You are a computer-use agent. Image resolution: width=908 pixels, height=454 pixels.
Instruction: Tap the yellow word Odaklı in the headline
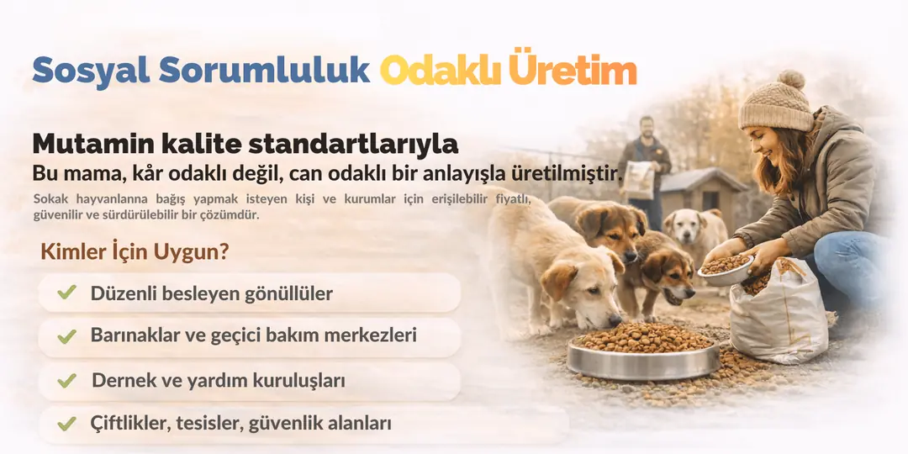point(440,71)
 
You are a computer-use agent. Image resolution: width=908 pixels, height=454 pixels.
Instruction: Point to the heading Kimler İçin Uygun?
point(135,252)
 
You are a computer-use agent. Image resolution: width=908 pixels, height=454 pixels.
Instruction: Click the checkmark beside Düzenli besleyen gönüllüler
point(66,293)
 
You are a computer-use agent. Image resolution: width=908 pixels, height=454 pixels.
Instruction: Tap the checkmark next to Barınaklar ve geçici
point(66,335)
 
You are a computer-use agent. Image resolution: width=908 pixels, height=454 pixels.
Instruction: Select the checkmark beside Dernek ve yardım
point(66,381)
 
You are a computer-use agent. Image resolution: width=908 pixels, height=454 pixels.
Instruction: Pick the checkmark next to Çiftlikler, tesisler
point(66,424)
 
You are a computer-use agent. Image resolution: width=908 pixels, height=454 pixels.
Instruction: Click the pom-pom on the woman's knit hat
point(790,80)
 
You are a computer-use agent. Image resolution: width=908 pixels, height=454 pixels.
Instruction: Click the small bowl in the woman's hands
point(725,269)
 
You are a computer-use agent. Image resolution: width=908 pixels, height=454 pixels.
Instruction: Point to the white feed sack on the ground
point(779,313)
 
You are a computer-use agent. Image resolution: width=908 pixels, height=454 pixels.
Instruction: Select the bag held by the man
point(639,180)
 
